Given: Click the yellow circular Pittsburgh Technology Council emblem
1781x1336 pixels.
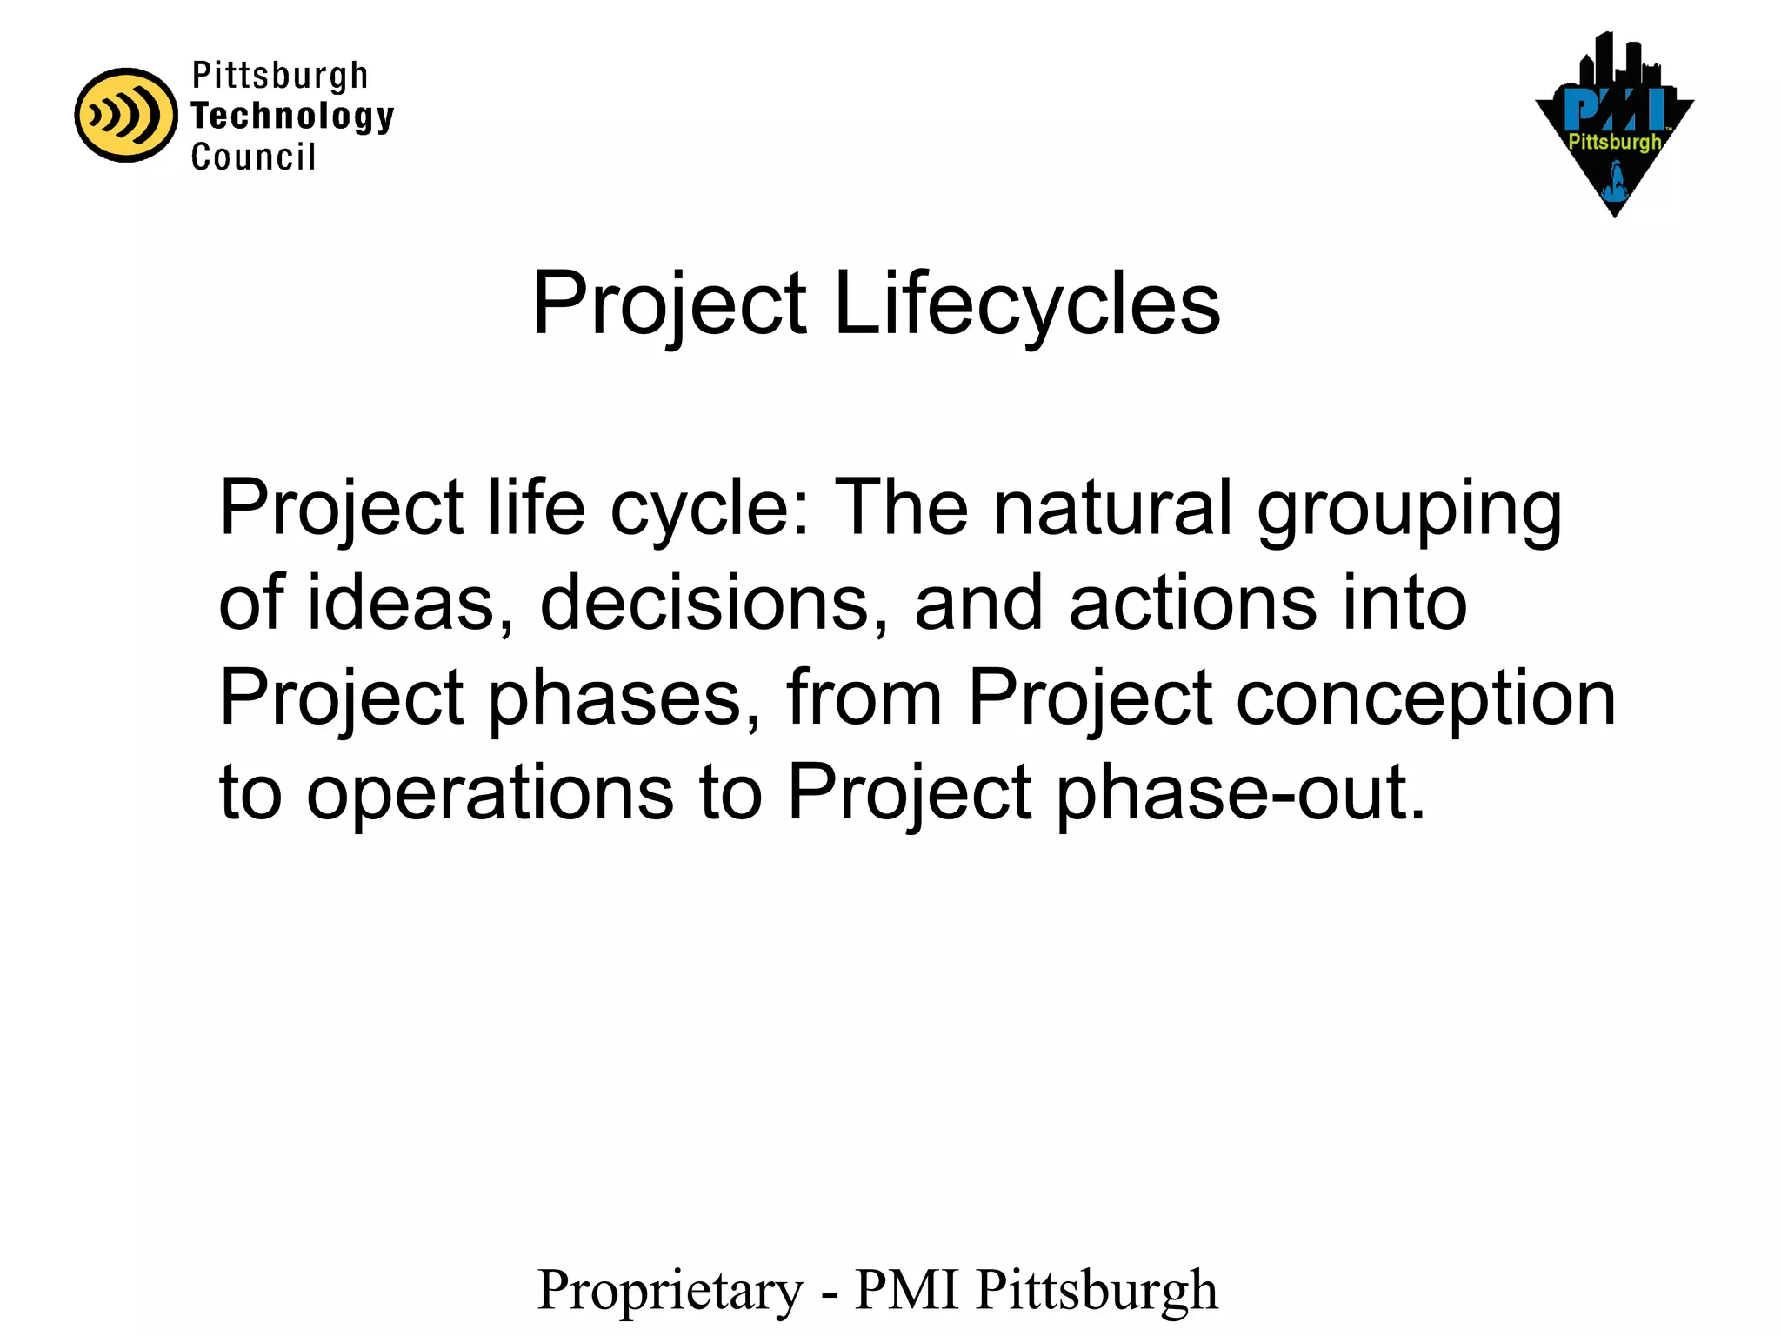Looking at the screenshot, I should pyautogui.click(x=126, y=115).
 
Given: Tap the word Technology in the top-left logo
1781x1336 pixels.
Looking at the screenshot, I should pyautogui.click(x=292, y=116).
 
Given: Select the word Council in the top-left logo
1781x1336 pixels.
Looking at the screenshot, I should pyautogui.click(x=253, y=157).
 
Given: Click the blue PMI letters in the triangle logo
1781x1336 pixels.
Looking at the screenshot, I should pyautogui.click(x=1614, y=109).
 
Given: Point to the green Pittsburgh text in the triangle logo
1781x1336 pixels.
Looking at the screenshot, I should pyautogui.click(x=1614, y=142).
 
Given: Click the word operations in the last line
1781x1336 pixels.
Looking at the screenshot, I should pyautogui.click(x=490, y=793).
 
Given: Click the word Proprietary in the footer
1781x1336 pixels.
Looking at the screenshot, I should pyautogui.click(x=670, y=1291).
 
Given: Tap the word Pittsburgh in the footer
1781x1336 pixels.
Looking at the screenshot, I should pyautogui.click(x=1097, y=1291).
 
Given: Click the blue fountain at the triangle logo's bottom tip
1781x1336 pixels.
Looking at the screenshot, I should pyautogui.click(x=1616, y=186).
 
